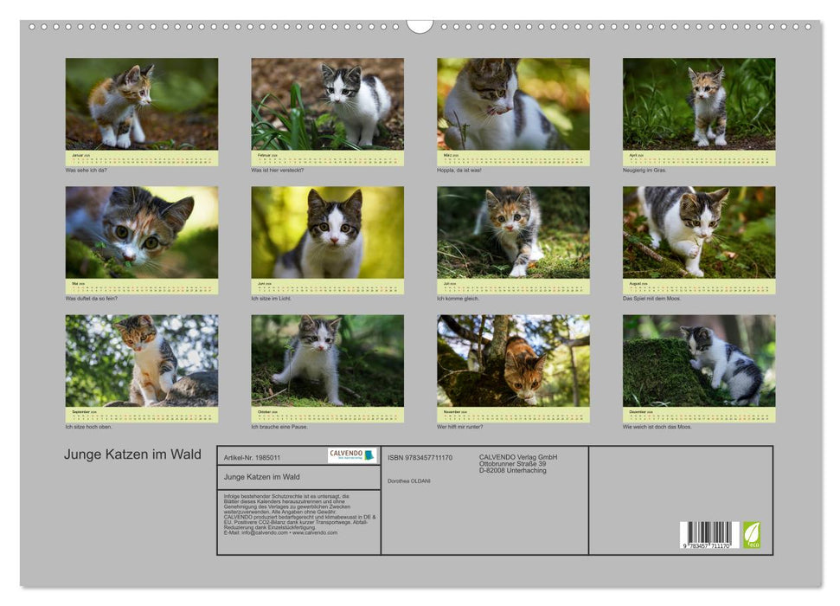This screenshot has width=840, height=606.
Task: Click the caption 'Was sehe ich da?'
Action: [x=87, y=171]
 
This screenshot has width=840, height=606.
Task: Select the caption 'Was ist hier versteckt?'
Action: [x=278, y=171]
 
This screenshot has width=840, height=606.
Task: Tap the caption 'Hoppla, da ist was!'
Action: [x=459, y=171]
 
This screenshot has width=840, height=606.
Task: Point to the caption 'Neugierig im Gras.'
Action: [x=646, y=171]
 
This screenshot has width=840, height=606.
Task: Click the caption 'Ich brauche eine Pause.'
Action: [x=279, y=427]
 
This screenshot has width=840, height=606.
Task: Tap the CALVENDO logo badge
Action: [x=352, y=455]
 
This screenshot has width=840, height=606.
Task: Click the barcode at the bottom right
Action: [x=708, y=534]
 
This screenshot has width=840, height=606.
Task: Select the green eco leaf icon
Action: [x=752, y=534]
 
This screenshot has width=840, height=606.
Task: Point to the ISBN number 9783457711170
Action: [x=420, y=458]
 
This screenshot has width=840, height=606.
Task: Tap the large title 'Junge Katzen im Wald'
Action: [x=132, y=455]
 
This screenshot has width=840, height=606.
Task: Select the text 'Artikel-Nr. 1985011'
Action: [x=252, y=457]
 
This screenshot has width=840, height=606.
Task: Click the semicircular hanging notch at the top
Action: [x=420, y=26]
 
